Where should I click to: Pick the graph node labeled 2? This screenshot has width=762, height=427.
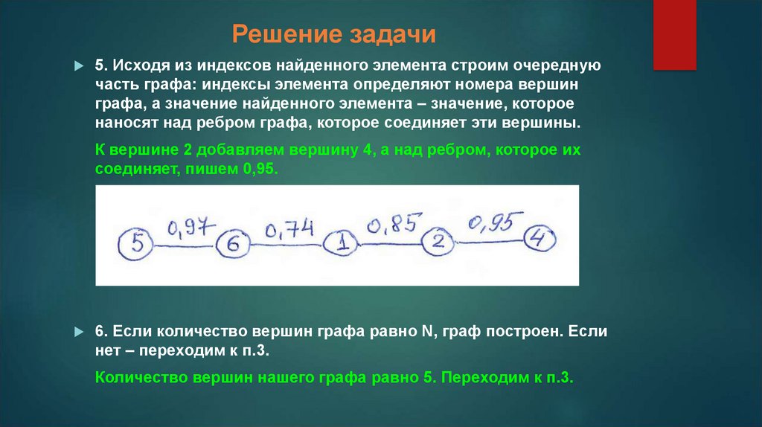[438, 241]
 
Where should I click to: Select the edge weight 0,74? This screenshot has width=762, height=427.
[289, 229]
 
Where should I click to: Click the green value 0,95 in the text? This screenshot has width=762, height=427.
[258, 169]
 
